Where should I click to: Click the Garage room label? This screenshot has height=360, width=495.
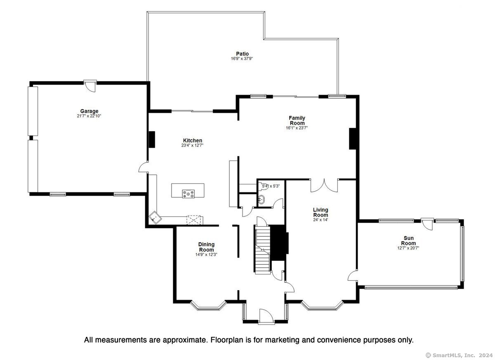(89, 111)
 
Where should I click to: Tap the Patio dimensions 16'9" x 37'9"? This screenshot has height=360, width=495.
(242, 59)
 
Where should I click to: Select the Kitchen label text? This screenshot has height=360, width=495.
(193, 140)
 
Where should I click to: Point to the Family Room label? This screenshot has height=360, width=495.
(297, 121)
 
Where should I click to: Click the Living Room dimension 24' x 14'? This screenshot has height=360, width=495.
(321, 220)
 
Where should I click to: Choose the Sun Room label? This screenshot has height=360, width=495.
(409, 241)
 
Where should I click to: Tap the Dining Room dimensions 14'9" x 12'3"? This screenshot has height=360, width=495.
(206, 255)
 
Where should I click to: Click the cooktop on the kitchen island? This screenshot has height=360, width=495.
(188, 194)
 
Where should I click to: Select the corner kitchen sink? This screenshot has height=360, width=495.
(155, 218)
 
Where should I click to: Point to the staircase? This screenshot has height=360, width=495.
(263, 250)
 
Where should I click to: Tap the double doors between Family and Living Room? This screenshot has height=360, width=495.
(324, 185)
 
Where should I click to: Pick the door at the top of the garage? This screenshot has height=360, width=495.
(90, 86)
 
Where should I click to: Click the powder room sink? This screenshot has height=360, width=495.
(262, 200)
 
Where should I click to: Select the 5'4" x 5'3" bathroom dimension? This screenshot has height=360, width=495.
(271, 186)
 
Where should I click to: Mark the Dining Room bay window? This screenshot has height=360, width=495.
(208, 306)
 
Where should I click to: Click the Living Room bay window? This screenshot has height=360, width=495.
(322, 306)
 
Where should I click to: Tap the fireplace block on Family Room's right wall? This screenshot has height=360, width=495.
(352, 139)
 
